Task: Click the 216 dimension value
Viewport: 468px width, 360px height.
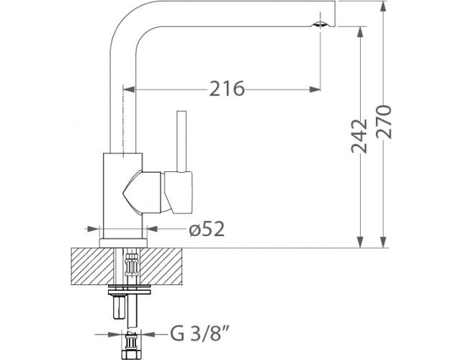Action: pos(227,89)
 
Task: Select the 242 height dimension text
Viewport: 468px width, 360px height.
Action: pos(359,136)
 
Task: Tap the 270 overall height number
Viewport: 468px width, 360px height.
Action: pos(384,122)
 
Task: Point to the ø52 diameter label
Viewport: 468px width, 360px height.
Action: pos(207,229)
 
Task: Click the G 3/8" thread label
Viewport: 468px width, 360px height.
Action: pos(199,333)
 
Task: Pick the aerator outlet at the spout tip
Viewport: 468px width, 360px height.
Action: pos(320,24)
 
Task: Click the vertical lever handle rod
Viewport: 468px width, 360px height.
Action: pos(181,142)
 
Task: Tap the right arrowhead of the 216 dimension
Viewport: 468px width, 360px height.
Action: pos(315,89)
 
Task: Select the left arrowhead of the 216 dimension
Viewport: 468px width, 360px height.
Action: pos(129,89)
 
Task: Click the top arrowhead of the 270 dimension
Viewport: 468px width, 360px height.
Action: pos(384,6)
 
